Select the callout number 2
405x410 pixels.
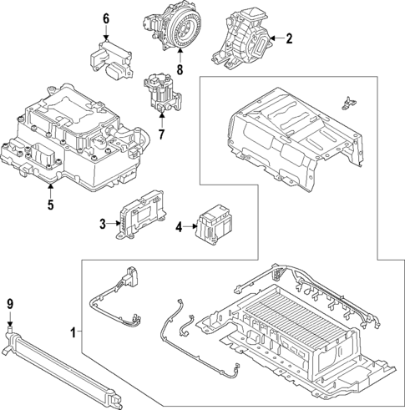click(x=289, y=38)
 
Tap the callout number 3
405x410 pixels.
click(x=103, y=223)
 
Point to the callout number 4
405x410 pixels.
click(x=179, y=225)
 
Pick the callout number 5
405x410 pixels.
click(x=49, y=203)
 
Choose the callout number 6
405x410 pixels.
click(x=106, y=18)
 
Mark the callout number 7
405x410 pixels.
click(x=162, y=133)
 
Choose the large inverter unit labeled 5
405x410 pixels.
click(x=75, y=142)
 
